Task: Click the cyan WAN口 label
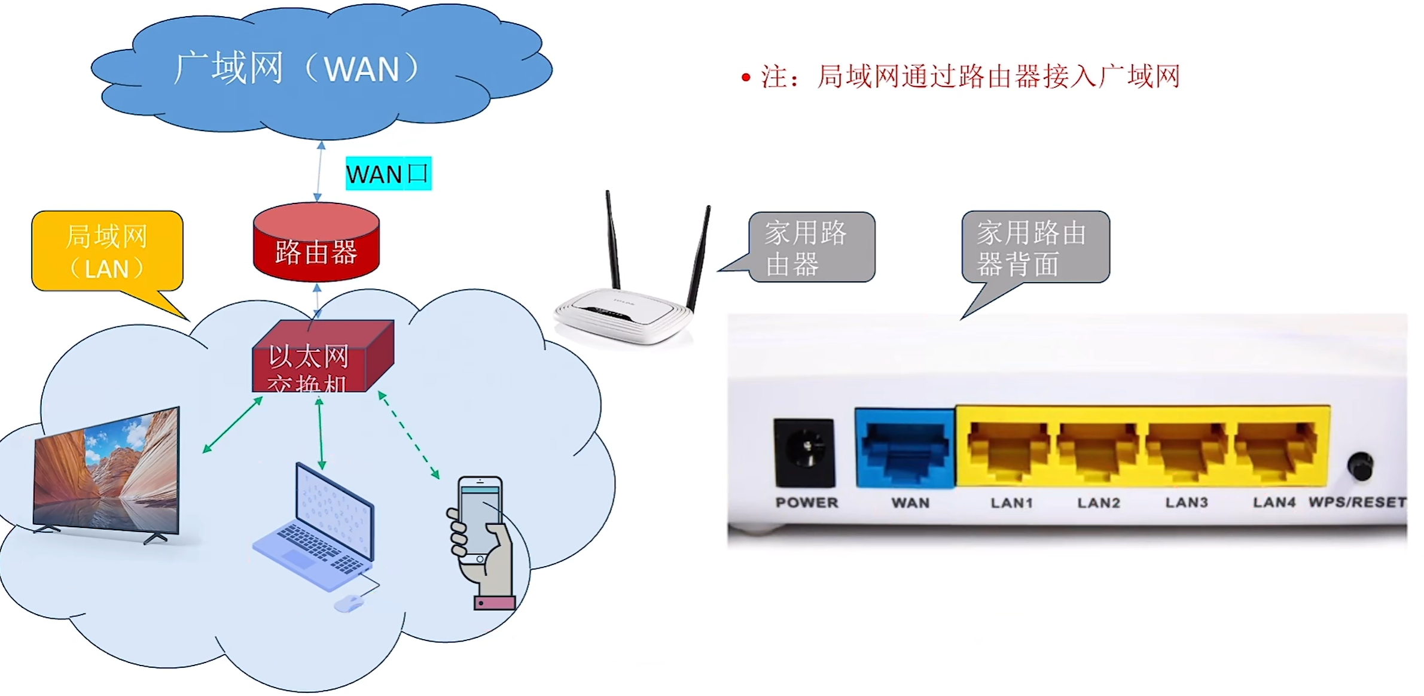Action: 388,174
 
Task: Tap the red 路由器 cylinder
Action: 316,245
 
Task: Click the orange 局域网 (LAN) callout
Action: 107,251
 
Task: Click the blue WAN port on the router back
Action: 905,449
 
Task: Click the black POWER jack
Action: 804,452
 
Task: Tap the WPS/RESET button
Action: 1359,466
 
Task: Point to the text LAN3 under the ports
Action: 1186,503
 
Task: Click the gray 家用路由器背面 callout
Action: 1035,247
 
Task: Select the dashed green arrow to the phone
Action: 409,435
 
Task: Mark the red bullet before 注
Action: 746,77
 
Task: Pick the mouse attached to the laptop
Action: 349,603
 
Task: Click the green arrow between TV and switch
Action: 233,424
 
